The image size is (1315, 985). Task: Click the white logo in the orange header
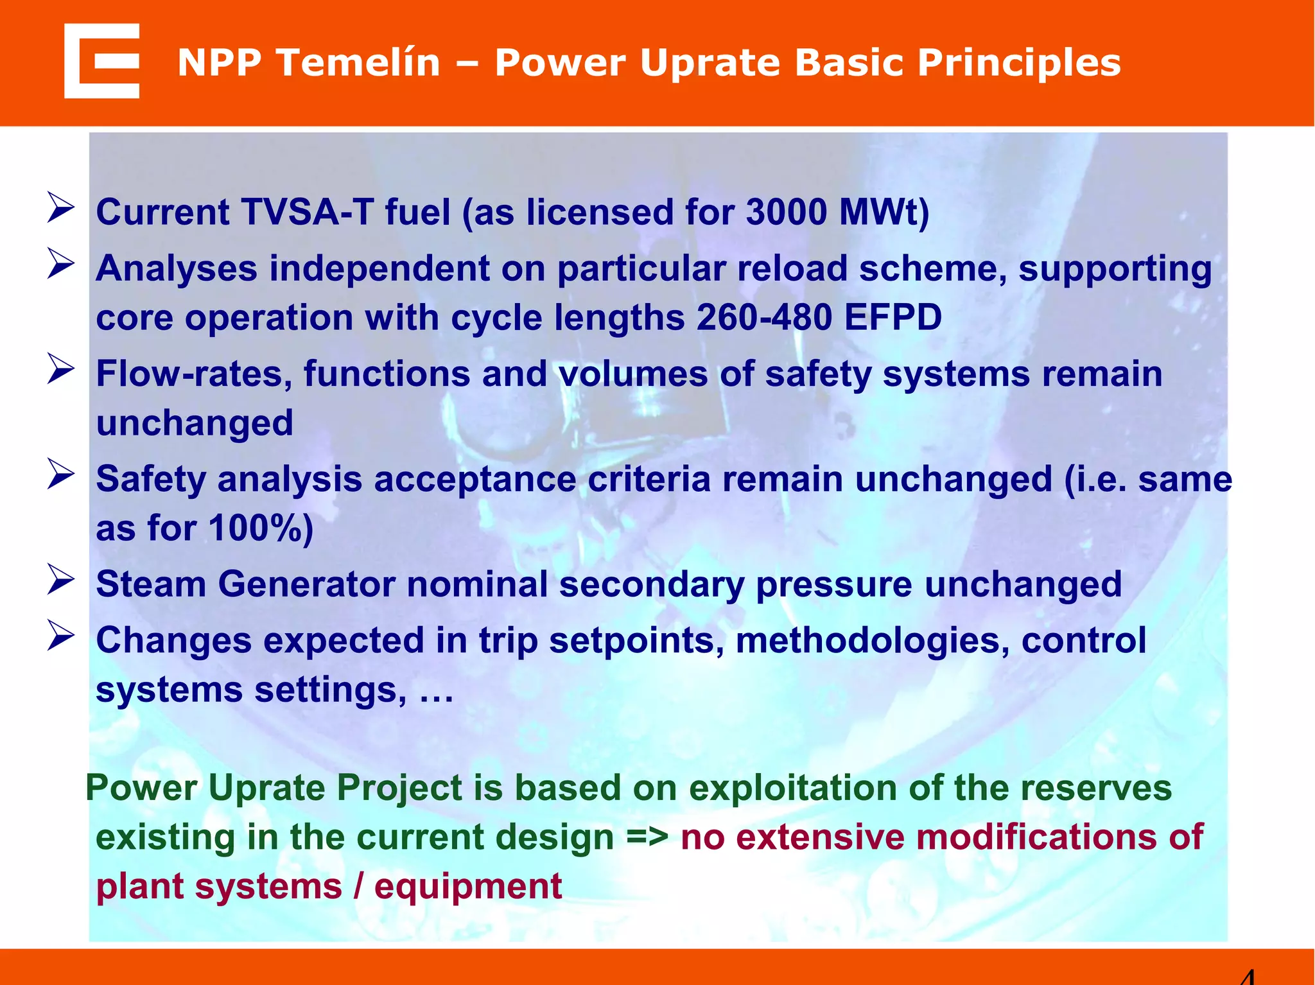pos(101,61)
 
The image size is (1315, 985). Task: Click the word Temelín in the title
pos(360,63)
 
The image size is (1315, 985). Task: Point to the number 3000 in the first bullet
pos(786,213)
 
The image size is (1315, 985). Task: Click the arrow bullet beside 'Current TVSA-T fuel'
pos(61,209)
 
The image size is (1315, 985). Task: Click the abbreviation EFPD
pos(893,317)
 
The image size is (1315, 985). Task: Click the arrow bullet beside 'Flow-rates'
pos(61,370)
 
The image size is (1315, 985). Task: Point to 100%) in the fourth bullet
pos(261,528)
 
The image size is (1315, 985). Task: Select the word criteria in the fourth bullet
pos(649,480)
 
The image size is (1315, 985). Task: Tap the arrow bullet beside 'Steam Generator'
pos(61,580)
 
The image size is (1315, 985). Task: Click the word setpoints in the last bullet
pos(636,641)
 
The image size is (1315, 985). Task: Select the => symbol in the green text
pos(647,838)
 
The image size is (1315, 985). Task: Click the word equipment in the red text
pos(468,887)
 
